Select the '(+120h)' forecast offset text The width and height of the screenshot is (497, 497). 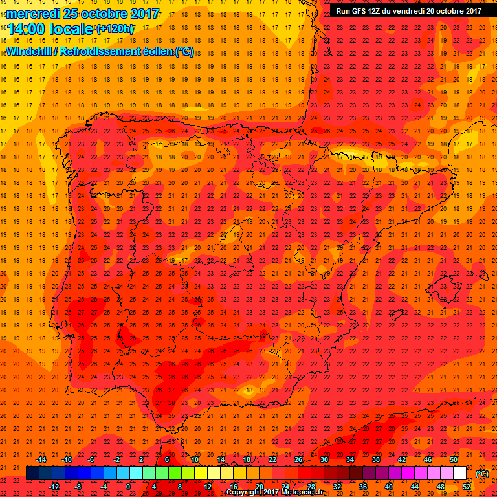[x=115, y=28]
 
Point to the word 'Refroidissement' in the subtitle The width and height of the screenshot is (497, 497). [x=101, y=51]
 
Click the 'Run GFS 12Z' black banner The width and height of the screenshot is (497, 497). [x=408, y=10]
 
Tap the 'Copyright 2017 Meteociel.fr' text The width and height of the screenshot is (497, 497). [x=274, y=492]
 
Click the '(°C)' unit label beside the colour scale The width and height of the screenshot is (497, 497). [x=481, y=474]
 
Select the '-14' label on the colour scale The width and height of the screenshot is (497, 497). [x=41, y=459]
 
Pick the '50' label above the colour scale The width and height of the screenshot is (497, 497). [x=454, y=459]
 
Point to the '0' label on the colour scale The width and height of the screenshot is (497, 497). [x=128, y=487]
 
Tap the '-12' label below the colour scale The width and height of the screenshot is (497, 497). [x=54, y=487]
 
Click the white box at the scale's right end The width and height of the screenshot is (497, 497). [x=460, y=473]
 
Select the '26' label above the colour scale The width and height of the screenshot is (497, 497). [x=298, y=459]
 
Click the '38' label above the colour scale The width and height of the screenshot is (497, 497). [x=376, y=459]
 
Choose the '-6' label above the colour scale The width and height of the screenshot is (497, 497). [x=92, y=459]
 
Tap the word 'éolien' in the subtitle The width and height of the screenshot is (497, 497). [x=159, y=51]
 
